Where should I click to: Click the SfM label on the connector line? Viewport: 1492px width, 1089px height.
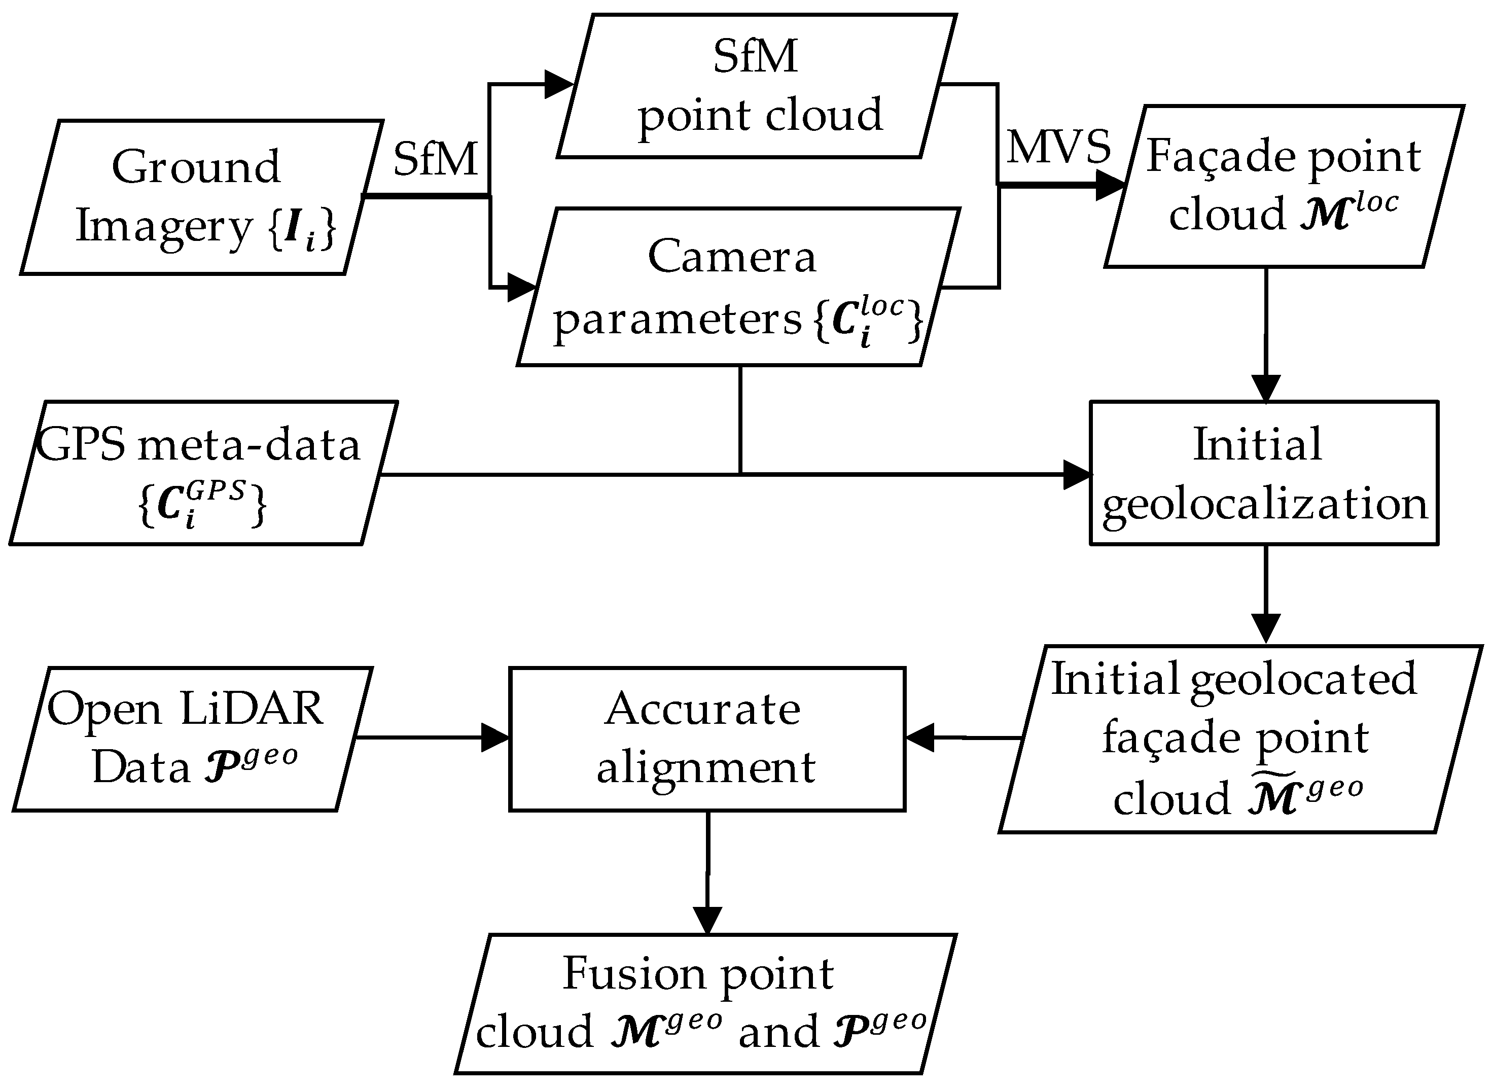(x=435, y=160)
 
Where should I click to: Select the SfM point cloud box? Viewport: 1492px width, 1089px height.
(x=757, y=86)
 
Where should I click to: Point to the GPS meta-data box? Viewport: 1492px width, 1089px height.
(x=203, y=473)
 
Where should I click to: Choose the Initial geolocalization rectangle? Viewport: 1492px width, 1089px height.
(x=1264, y=473)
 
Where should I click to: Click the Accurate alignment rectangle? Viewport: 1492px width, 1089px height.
(x=706, y=739)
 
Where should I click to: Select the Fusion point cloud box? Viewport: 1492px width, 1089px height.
(x=704, y=1004)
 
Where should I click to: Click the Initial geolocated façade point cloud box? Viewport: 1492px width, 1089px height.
(x=1239, y=739)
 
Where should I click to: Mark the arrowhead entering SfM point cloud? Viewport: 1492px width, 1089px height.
(x=559, y=84)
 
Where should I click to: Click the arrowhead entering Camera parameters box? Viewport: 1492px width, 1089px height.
(x=521, y=288)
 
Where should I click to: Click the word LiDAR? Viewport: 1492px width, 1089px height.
(x=251, y=709)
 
